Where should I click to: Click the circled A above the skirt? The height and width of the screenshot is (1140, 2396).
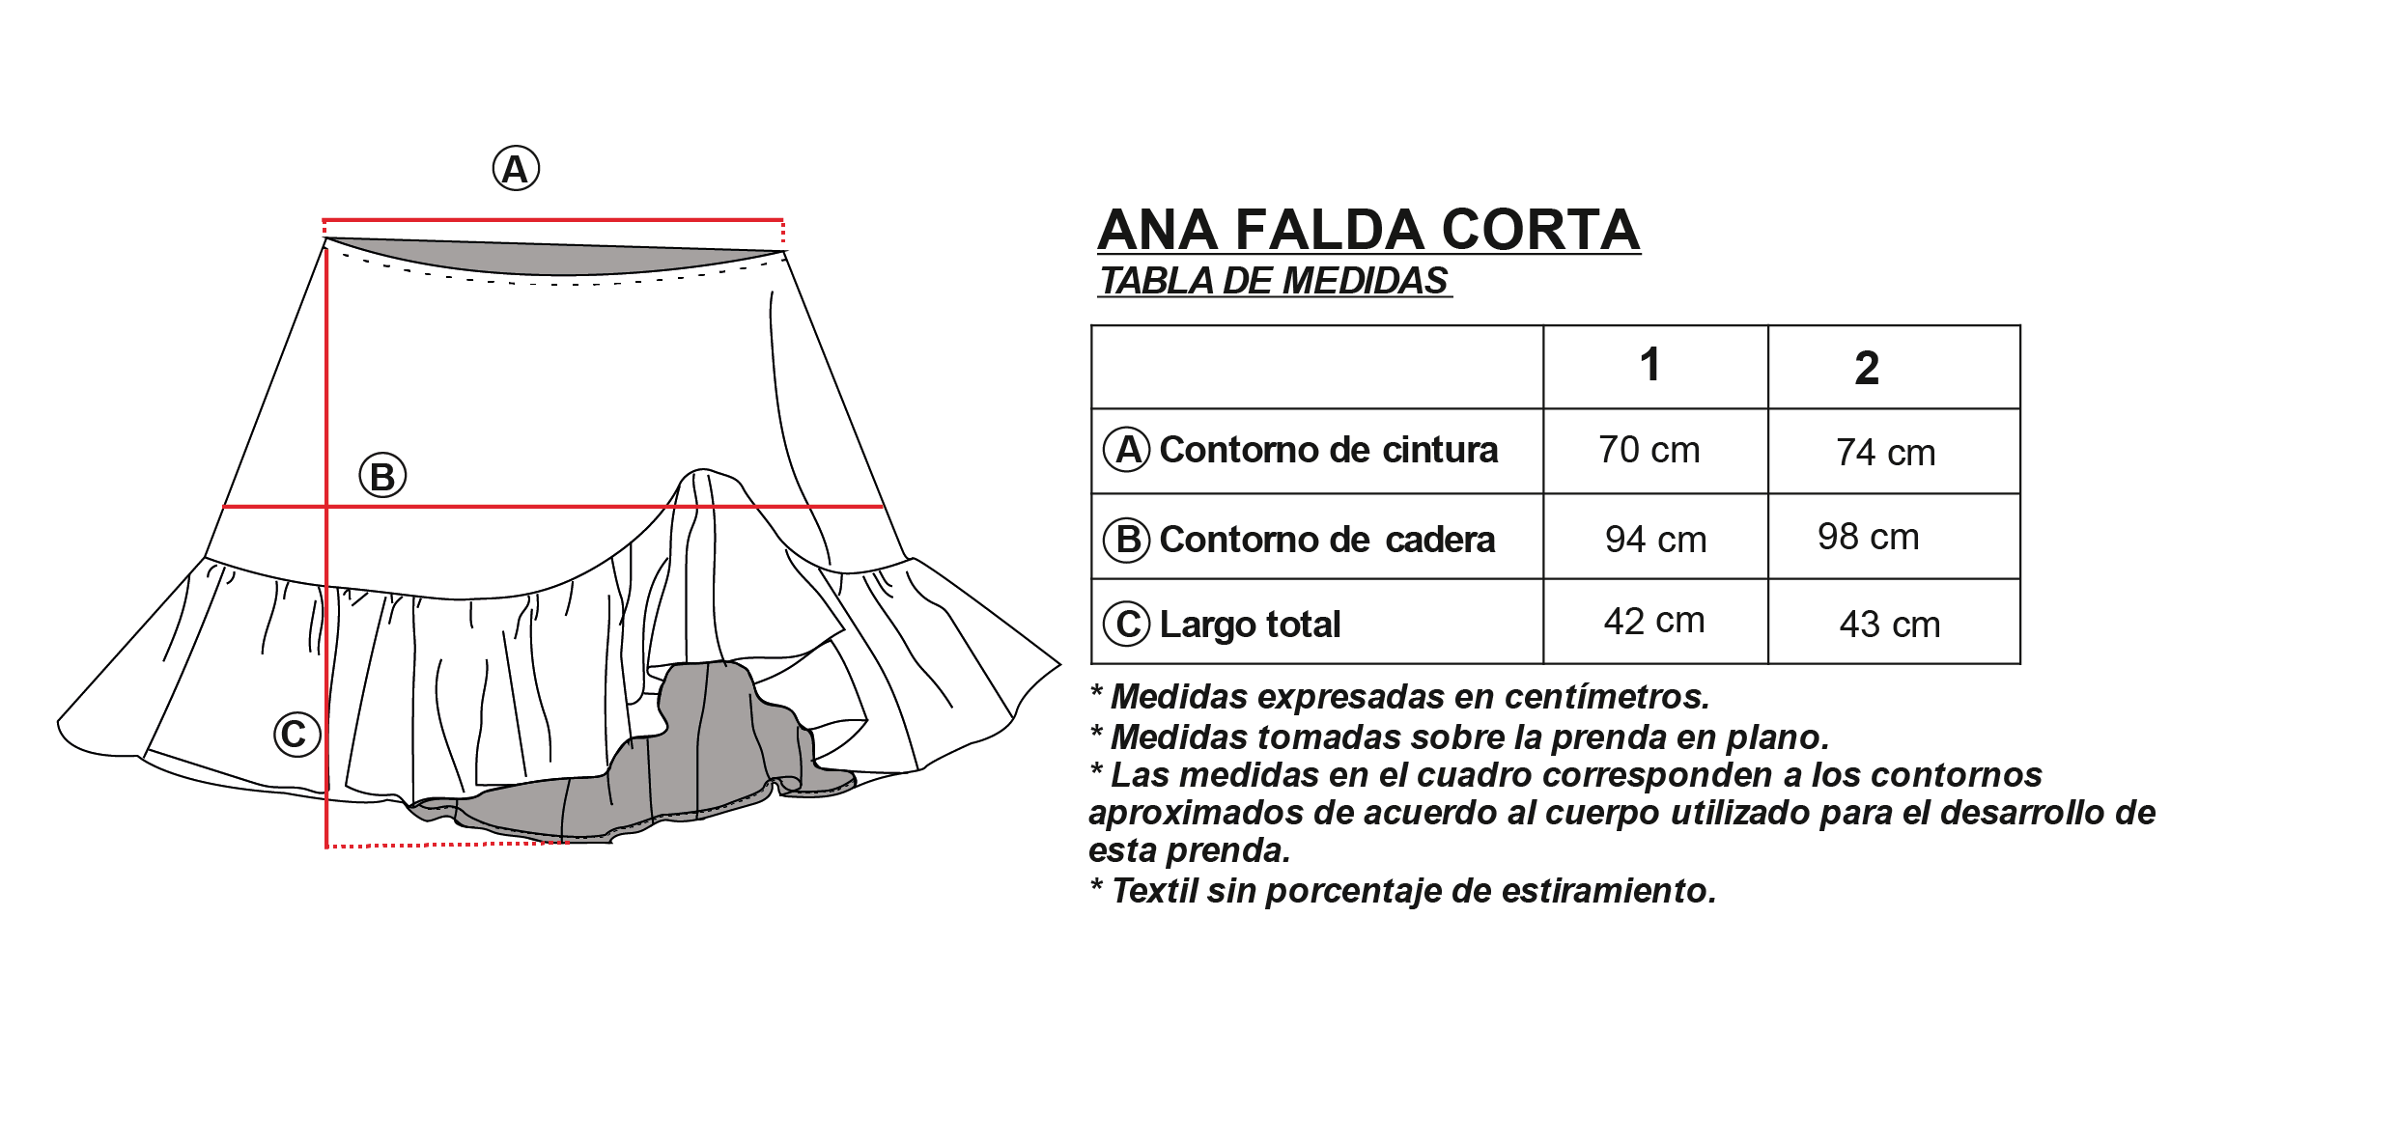(x=516, y=169)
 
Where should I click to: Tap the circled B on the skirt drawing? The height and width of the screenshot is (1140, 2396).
(x=382, y=476)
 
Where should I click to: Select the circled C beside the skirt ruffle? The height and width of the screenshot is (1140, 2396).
(x=296, y=734)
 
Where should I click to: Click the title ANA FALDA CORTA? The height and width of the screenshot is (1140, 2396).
(x=1368, y=230)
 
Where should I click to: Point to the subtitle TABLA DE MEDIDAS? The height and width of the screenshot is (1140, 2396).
(x=1275, y=281)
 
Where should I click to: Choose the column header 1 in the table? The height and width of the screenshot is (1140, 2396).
(x=1649, y=365)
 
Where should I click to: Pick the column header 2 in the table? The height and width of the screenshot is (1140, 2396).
(x=1867, y=368)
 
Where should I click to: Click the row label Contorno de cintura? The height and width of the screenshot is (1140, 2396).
(x=1328, y=450)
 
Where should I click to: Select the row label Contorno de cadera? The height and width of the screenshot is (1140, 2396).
(x=1327, y=540)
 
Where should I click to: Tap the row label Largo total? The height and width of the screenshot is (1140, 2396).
(x=1250, y=625)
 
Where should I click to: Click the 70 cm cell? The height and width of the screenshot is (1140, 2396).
(x=1649, y=450)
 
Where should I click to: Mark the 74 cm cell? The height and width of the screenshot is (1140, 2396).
(x=1885, y=453)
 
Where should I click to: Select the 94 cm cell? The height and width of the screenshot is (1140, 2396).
(x=1655, y=540)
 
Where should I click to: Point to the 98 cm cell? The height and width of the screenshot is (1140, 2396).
(x=1868, y=537)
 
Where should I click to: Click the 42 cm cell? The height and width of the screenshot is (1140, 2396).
(x=1654, y=621)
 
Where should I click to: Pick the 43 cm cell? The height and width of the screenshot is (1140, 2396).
(x=1890, y=625)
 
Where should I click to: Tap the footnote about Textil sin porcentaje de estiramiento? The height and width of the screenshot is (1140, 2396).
(x=1403, y=890)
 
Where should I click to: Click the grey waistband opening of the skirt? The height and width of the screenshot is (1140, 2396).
(x=555, y=257)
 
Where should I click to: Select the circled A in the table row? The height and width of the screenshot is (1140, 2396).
(x=1126, y=450)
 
